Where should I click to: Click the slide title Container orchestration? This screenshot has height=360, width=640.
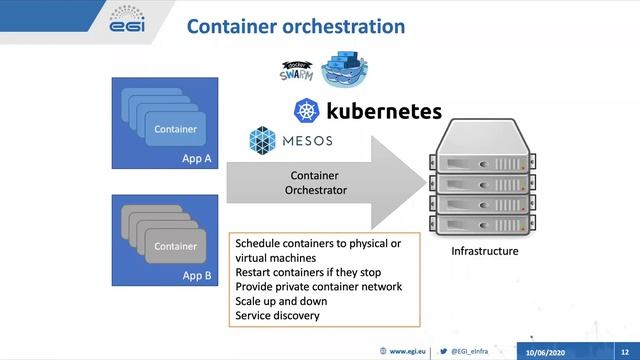tap(296, 26)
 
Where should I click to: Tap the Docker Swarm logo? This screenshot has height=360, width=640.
tap(296, 71)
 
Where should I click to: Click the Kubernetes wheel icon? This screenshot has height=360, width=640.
tap(307, 110)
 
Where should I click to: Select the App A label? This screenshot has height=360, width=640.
tap(197, 157)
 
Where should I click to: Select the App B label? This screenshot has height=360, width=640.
tap(197, 273)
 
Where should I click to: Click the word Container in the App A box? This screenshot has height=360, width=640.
tap(175, 129)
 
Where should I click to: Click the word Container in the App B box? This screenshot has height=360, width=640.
tap(175, 246)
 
